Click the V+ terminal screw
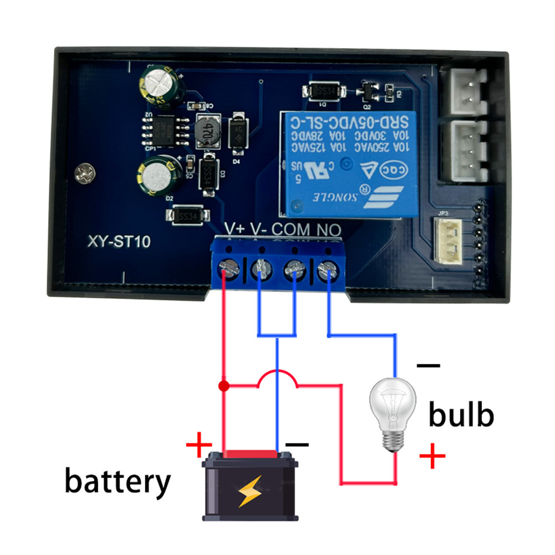tap(227, 268)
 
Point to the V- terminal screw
tap(261, 269)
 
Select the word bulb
tap(460, 415)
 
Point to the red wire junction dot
tap(223, 385)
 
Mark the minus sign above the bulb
tap(429, 366)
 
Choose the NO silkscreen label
tap(329, 228)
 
